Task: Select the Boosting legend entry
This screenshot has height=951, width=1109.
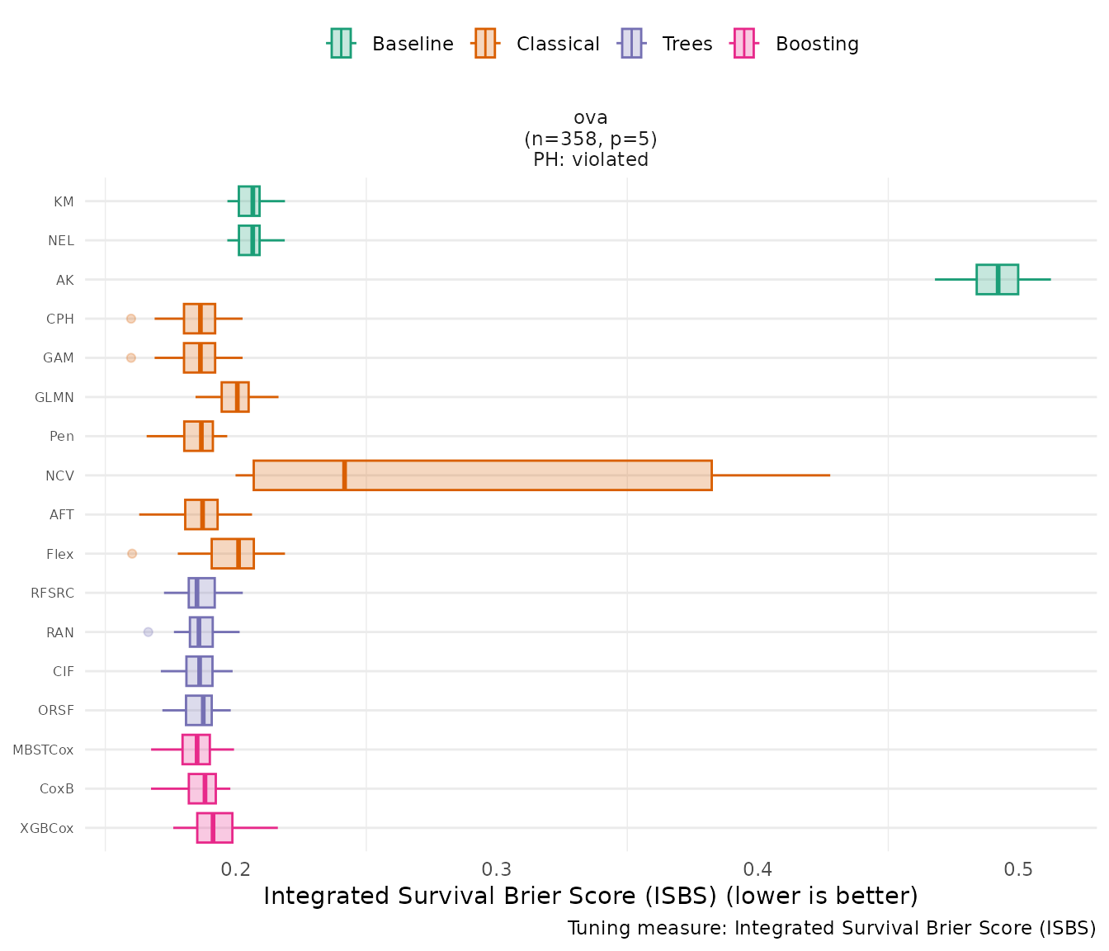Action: point(795,44)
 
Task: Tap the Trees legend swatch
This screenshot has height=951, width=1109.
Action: point(631,43)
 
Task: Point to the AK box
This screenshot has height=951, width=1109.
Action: point(997,279)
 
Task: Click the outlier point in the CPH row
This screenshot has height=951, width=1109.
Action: point(130,319)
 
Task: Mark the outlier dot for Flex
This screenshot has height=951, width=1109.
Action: point(132,554)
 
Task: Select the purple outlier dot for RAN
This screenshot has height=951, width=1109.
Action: point(149,632)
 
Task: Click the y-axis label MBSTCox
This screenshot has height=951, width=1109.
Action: point(43,750)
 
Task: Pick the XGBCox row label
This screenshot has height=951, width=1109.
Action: point(47,828)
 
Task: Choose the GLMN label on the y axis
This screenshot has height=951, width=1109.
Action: point(54,398)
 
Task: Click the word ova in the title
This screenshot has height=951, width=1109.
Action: point(591,118)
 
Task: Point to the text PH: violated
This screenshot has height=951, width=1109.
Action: point(591,160)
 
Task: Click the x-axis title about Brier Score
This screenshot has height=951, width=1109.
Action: point(591,897)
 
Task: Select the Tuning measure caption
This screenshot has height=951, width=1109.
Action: point(832,929)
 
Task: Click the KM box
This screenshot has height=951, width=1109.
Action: point(248,201)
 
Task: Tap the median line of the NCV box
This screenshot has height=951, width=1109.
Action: point(344,475)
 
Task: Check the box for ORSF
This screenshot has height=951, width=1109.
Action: point(198,711)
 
